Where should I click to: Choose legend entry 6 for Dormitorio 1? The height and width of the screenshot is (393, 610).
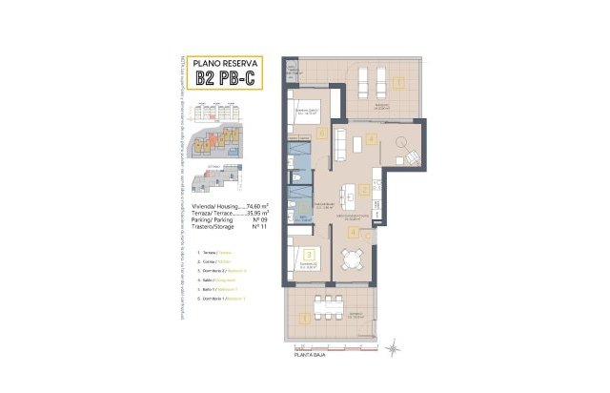coord(219,300)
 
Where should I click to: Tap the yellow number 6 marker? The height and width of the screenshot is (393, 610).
coord(323,134)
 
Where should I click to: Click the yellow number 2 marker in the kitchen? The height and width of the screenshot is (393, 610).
coord(365,191)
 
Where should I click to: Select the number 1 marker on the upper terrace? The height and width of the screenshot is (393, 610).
coord(396,81)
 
